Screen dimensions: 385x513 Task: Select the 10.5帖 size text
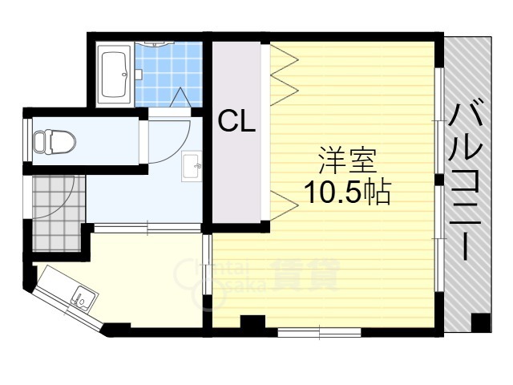346,192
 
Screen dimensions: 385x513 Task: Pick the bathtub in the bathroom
115,74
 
